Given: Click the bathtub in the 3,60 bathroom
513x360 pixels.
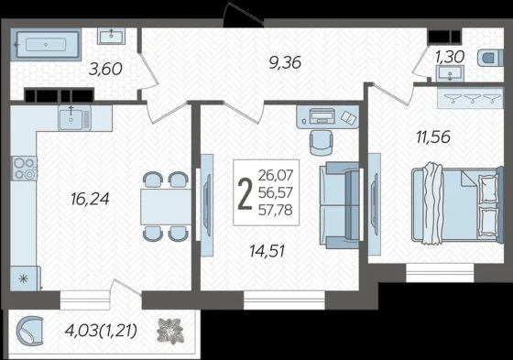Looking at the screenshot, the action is tap(46, 45).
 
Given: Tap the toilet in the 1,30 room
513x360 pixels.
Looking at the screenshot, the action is tap(490, 59).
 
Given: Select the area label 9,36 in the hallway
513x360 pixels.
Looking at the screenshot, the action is tap(285, 62).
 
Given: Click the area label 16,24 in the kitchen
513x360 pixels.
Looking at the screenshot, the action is tap(90, 199).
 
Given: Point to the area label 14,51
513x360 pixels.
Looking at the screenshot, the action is tap(267, 251).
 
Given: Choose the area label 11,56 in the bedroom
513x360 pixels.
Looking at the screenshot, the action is tap(433, 136).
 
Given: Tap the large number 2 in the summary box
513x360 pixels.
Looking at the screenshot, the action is tap(246, 194).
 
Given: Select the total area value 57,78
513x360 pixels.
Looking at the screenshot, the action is tap(275, 210).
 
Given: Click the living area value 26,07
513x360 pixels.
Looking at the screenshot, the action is tap(276, 175).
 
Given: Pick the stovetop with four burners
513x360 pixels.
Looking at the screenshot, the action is tap(25, 169).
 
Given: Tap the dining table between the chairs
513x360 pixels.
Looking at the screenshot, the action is tap(166, 206).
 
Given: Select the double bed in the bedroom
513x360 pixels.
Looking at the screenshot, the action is tap(457, 205).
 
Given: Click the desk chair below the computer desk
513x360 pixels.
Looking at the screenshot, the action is tap(322, 143).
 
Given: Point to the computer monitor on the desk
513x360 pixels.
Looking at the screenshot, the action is tap(322, 115).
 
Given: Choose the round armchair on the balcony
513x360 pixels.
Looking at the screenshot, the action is tap(29, 331).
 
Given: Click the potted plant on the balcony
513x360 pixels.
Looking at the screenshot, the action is tap(169, 331).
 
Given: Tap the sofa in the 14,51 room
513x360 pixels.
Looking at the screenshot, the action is tap(339, 205).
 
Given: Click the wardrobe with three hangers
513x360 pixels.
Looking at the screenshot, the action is tap(470, 98).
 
